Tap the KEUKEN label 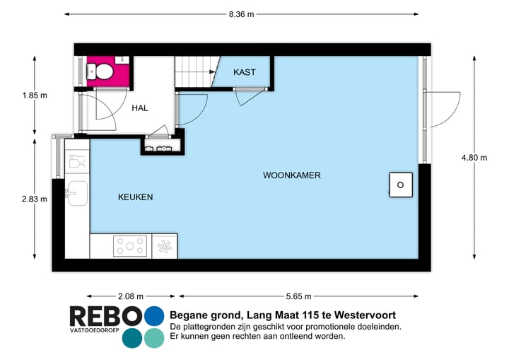tap(135, 197)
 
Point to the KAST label tap(245, 72)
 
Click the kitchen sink tap(76, 193)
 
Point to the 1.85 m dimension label tap(34, 95)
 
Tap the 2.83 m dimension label tap(34, 199)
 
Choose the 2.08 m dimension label tap(131, 296)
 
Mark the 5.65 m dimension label tap(299, 296)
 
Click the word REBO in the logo tap(105, 317)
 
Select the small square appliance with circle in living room tap(400, 185)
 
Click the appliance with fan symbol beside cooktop tap(165, 246)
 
